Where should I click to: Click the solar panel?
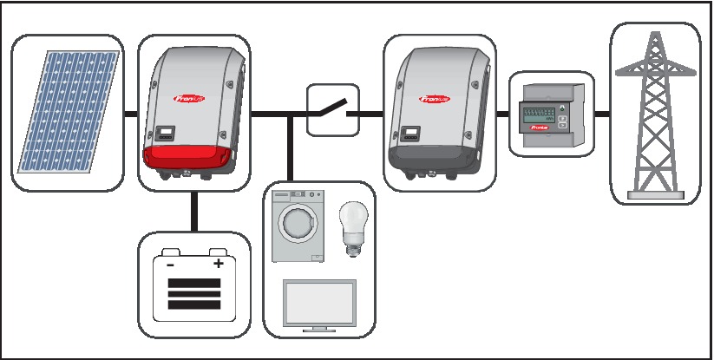tap(66, 111)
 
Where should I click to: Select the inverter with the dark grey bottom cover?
tap(438, 111)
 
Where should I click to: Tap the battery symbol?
tap(193, 285)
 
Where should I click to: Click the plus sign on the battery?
tap(219, 263)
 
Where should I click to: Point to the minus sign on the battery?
tap(170, 264)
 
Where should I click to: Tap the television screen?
tap(319, 304)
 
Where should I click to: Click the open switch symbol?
tap(327, 110)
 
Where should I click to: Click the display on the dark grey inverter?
tap(409, 133)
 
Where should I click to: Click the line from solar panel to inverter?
tap(130, 114)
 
